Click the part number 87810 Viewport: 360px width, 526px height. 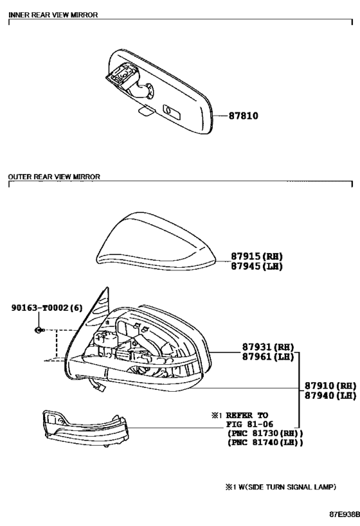pos(244,116)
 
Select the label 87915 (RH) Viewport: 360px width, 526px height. pos(257,256)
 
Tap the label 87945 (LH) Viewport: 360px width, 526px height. pos(257,267)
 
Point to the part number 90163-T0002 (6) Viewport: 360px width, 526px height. pos(47,308)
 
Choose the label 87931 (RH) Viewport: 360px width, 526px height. pos(268,347)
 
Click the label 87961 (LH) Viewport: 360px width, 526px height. pos(268,356)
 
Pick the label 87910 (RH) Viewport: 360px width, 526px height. pos(330,386)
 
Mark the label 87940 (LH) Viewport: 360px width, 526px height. pos(330,396)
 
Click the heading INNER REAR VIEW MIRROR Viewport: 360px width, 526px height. pos(53,15)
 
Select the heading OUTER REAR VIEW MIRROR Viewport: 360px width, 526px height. pos(54,177)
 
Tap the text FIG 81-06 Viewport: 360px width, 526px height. pos(249,424)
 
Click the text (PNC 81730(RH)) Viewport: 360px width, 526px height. pos(265,434)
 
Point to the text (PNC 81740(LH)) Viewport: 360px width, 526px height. pos(265,443)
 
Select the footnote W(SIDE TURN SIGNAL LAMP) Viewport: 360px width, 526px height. pos(287,487)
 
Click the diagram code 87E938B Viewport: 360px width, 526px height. pos(344,514)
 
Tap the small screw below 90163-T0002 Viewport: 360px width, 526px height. pos(39,330)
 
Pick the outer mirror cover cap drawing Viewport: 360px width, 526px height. pos(156,241)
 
